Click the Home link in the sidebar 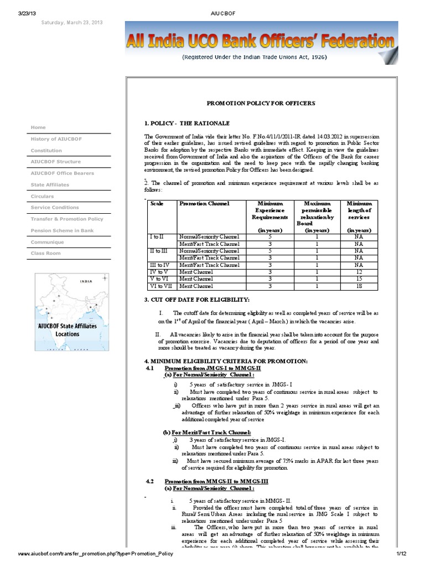(x=39, y=128)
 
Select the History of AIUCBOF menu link (x=56, y=139)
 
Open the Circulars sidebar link (x=43, y=196)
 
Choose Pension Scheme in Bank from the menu (x=62, y=230)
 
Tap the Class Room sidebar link (x=46, y=253)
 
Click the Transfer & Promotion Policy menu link (x=67, y=219)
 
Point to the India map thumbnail (x=71, y=307)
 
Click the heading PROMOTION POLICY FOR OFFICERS (x=261, y=104)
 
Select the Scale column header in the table (x=157, y=204)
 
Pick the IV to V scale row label (x=159, y=272)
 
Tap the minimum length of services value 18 (x=359, y=286)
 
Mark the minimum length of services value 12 (x=359, y=272)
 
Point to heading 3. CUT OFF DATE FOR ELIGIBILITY (x=197, y=300)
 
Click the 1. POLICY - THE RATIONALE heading (x=186, y=123)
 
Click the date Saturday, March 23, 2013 (x=71, y=23)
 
